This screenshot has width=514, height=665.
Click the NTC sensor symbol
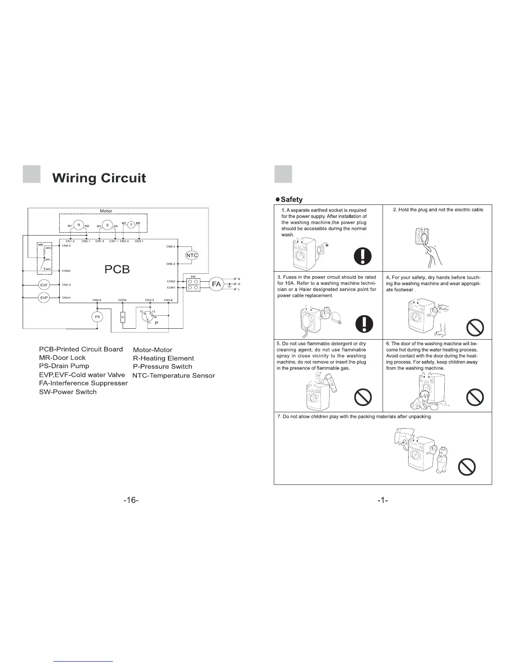(191, 255)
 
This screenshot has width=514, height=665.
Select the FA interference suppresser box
(216, 284)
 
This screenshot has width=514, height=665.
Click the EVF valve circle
(44, 285)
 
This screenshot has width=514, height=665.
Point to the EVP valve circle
(44, 298)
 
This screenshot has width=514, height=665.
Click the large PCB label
(117, 270)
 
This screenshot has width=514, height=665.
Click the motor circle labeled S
(108, 225)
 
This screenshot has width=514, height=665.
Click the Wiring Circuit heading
(99, 178)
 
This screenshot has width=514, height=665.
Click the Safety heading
(291, 199)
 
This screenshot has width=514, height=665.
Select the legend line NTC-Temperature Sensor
(173, 375)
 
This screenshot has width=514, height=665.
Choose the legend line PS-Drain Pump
(64, 366)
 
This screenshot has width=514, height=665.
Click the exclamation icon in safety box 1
(362, 256)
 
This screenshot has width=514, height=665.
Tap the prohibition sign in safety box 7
(467, 466)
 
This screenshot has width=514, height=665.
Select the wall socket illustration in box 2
(424, 238)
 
